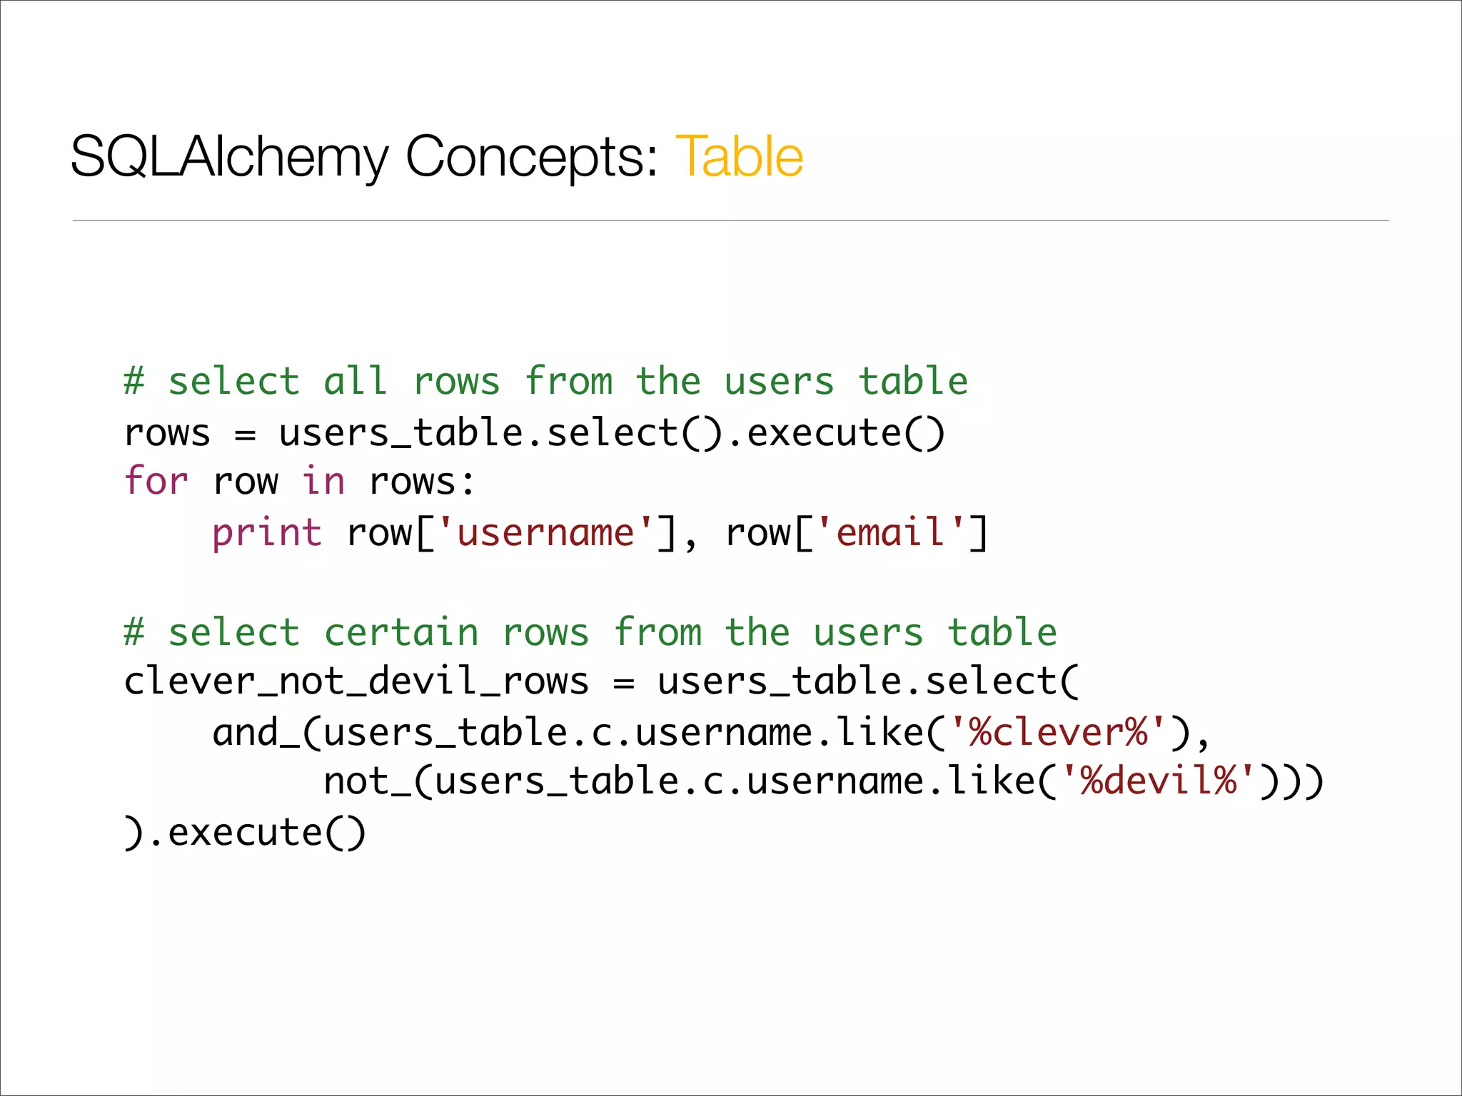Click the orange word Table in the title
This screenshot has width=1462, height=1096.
point(739,156)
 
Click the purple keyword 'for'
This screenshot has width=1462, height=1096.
point(156,480)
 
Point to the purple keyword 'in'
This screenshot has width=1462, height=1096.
point(323,480)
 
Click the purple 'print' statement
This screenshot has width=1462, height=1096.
point(267,533)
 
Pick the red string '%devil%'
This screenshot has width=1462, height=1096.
point(1159,781)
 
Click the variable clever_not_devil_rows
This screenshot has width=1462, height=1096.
point(356,681)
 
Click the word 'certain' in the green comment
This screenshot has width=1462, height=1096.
point(401,633)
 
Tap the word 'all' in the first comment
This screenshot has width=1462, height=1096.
point(356,381)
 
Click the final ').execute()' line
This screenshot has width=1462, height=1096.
point(245,833)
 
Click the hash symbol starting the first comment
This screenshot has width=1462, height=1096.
point(134,381)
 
